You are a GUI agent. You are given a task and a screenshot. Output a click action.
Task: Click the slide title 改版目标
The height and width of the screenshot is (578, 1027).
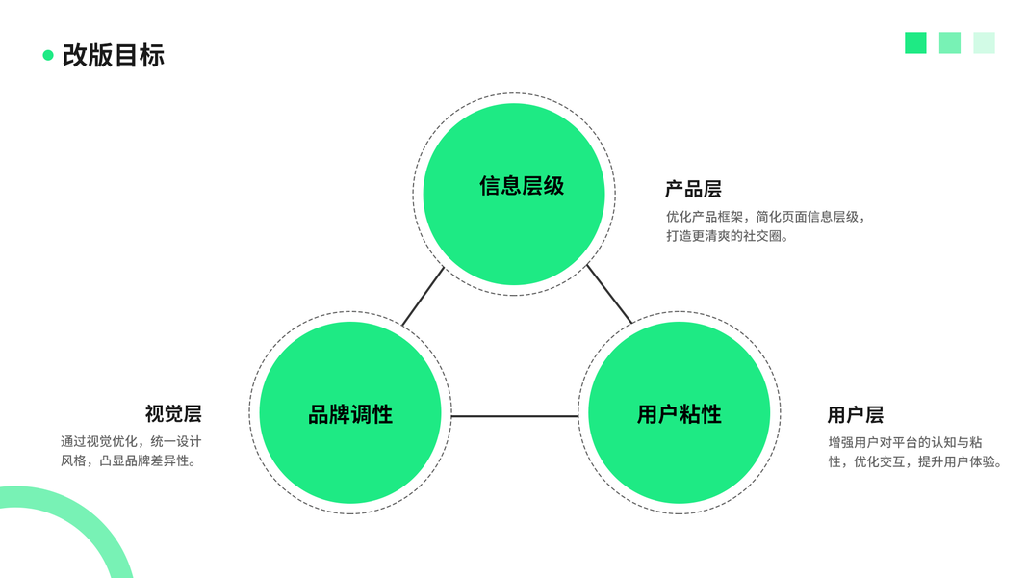(x=114, y=55)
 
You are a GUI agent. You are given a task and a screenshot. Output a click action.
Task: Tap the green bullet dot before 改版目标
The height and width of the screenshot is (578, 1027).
(x=48, y=55)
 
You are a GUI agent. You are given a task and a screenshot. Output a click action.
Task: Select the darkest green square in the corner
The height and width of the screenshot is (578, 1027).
(x=915, y=42)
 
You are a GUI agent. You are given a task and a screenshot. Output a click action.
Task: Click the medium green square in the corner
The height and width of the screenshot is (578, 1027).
(x=949, y=42)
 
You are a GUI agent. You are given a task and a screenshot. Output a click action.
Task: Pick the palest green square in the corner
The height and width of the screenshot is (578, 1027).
(x=984, y=42)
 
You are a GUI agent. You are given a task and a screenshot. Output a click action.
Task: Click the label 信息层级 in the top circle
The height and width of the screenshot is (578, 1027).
(x=522, y=186)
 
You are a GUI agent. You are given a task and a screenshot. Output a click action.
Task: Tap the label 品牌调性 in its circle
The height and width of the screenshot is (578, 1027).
(x=350, y=415)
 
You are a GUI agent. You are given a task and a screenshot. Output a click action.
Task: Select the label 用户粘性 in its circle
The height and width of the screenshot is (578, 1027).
(x=679, y=415)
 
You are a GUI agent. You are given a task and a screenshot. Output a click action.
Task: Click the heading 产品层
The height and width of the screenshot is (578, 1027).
(x=693, y=189)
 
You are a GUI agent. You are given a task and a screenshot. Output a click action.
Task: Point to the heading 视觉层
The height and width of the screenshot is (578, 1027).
(x=173, y=414)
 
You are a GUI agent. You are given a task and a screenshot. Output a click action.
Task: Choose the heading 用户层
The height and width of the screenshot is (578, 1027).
(x=855, y=415)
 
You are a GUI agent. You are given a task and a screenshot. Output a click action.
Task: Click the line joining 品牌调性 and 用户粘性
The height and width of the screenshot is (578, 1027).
(x=515, y=416)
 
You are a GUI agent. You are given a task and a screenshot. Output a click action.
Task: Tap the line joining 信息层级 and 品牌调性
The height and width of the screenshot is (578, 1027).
(x=423, y=296)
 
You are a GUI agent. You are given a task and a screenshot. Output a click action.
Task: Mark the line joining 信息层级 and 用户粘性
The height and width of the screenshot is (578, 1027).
(x=609, y=294)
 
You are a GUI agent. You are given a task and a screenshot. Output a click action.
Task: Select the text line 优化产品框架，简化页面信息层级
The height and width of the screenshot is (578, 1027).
(x=765, y=217)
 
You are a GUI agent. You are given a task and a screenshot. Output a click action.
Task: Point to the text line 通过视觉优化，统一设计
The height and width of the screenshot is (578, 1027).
(x=131, y=442)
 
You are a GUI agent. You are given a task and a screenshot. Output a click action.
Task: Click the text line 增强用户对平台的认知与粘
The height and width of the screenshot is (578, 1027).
(x=905, y=443)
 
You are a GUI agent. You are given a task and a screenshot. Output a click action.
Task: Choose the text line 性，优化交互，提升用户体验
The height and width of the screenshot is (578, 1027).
(x=916, y=462)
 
